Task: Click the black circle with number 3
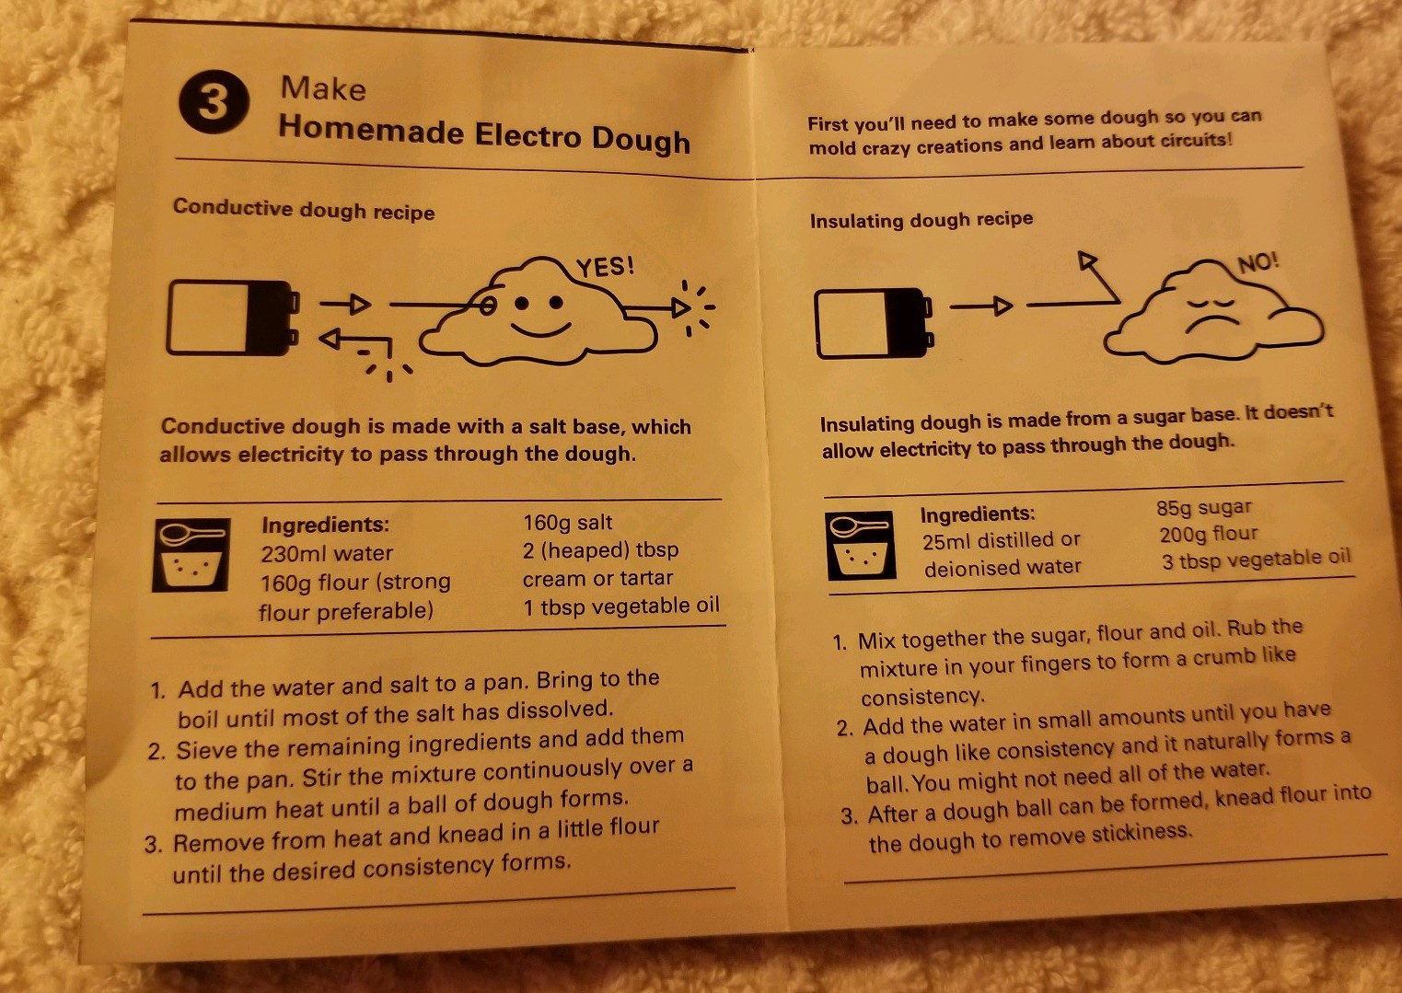pyautogui.click(x=214, y=101)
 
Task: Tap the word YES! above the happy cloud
pyautogui.click(x=605, y=267)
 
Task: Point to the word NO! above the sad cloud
pyautogui.click(x=1258, y=263)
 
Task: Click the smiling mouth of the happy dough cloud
pyautogui.click(x=540, y=330)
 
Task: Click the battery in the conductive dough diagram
pyautogui.click(x=232, y=318)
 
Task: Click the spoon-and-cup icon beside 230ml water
pyautogui.click(x=191, y=554)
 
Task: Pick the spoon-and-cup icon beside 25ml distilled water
pyautogui.click(x=860, y=546)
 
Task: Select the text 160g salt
pyautogui.click(x=568, y=523)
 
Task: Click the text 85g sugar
pyautogui.click(x=1203, y=507)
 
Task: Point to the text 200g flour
pyautogui.click(x=1208, y=534)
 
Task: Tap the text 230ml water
pyautogui.click(x=327, y=553)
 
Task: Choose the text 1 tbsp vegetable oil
pyautogui.click(x=620, y=606)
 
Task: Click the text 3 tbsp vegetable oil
pyautogui.click(x=1257, y=559)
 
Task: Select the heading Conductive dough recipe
pyautogui.click(x=304, y=209)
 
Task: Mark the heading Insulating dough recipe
pyautogui.click(x=921, y=220)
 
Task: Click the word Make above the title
pyautogui.click(x=323, y=88)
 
